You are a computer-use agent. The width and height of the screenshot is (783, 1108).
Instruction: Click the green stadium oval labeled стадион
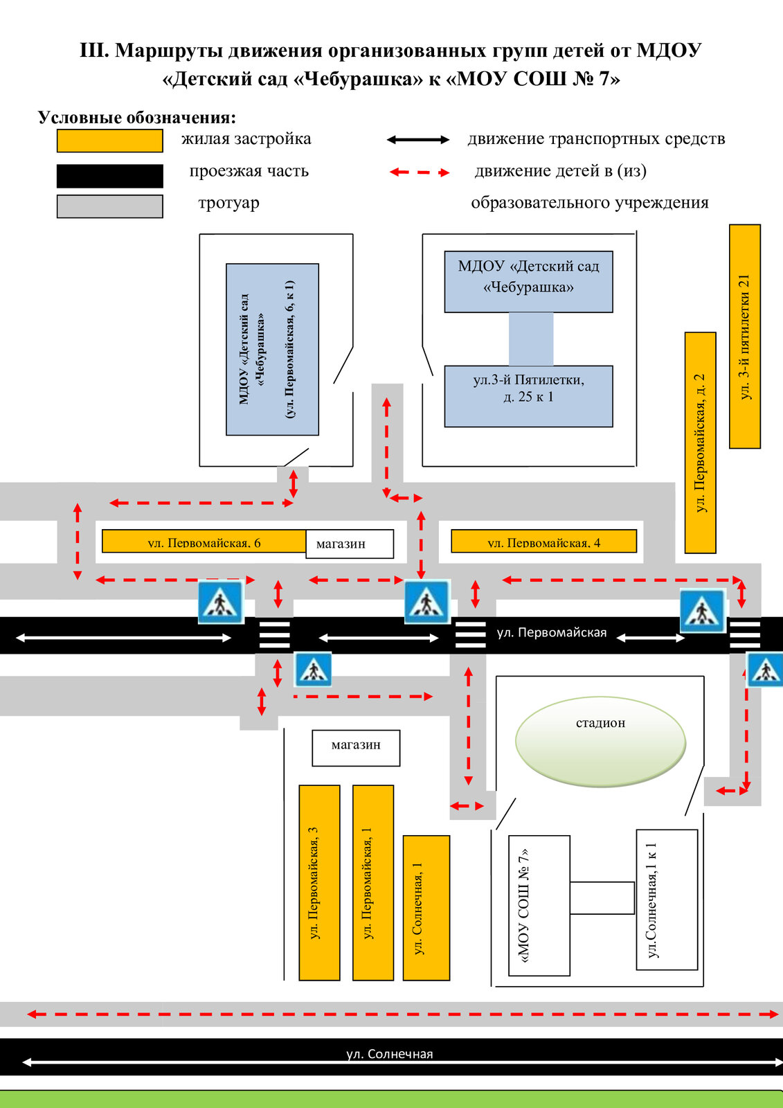pyautogui.click(x=600, y=741)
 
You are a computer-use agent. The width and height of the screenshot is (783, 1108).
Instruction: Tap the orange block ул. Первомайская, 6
pyautogui.click(x=204, y=541)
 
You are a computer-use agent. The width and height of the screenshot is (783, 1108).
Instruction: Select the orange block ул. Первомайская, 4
pyautogui.click(x=543, y=541)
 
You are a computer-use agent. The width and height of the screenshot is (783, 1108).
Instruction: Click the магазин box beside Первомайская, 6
pyautogui.click(x=350, y=544)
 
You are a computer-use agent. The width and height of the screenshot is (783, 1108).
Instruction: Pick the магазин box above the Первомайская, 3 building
pyautogui.click(x=356, y=748)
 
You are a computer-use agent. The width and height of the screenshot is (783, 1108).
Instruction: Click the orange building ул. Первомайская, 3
pyautogui.click(x=320, y=882)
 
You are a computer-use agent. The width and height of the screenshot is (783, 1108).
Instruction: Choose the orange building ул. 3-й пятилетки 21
pyautogui.click(x=744, y=337)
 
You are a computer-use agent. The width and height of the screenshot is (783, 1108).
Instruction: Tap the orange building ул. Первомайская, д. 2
pyautogui.click(x=700, y=443)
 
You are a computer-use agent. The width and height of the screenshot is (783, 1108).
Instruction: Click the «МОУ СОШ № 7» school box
pyautogui.click(x=539, y=906)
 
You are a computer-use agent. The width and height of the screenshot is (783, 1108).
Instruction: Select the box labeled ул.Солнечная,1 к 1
pyautogui.click(x=667, y=900)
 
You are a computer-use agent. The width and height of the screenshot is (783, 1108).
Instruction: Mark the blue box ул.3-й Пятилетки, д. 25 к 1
pyautogui.click(x=528, y=396)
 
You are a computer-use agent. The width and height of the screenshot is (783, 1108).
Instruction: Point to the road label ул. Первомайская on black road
pyautogui.click(x=552, y=632)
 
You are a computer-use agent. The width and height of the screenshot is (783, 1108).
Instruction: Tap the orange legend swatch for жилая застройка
pyautogui.click(x=110, y=141)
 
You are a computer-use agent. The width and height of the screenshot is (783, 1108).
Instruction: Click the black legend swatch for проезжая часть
pyautogui.click(x=110, y=176)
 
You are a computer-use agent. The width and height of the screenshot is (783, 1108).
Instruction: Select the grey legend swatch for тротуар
pyautogui.click(x=110, y=206)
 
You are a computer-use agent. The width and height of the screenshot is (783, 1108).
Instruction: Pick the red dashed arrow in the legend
pyautogui.click(x=420, y=172)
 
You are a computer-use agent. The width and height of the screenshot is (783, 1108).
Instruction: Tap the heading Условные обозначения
pyautogui.click(x=137, y=117)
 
